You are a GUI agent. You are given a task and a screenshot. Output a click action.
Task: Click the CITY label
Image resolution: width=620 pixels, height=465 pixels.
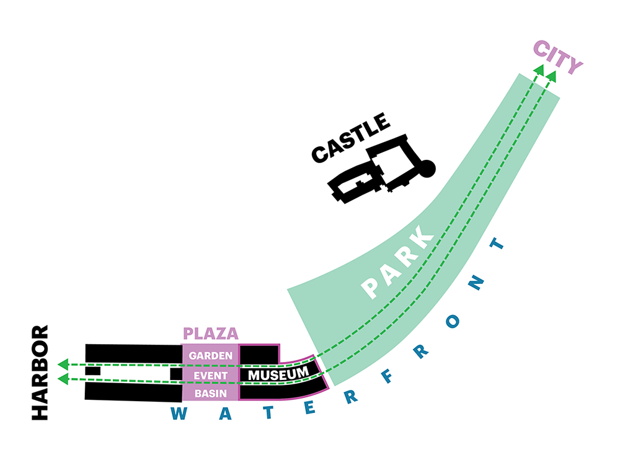(x=558, y=57)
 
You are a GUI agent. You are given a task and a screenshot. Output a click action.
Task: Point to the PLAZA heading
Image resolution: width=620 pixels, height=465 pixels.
(x=211, y=334)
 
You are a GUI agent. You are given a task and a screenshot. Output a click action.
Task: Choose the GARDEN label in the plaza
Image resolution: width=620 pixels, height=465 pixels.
(x=210, y=356)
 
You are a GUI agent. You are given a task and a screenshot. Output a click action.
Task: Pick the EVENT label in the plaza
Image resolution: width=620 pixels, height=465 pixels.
(x=210, y=375)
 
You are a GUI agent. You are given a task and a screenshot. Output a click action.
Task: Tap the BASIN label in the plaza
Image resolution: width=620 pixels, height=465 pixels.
(x=210, y=394)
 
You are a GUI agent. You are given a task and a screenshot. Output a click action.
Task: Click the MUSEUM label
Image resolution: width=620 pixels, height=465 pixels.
(x=278, y=374)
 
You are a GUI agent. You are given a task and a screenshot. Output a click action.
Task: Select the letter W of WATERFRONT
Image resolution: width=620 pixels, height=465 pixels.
(x=179, y=414)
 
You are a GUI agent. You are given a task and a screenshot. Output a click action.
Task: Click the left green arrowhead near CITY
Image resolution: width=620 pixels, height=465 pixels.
(x=538, y=70)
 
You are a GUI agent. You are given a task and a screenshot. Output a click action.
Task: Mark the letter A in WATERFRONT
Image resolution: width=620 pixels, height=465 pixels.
(x=215, y=415)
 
